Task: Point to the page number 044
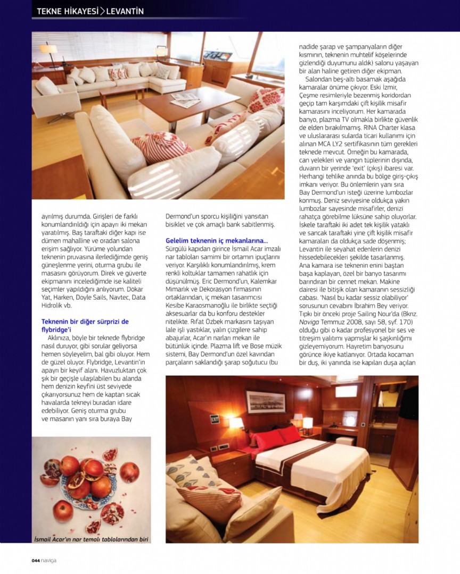click(x=36, y=560)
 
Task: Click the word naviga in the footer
click(x=49, y=560)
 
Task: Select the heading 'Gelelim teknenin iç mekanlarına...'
click(x=217, y=241)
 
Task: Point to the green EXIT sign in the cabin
click(x=215, y=419)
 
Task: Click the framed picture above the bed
click(x=265, y=402)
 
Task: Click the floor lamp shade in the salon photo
click(x=49, y=48)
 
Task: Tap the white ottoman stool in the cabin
click(x=345, y=441)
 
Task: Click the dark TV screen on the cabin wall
click(x=409, y=402)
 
